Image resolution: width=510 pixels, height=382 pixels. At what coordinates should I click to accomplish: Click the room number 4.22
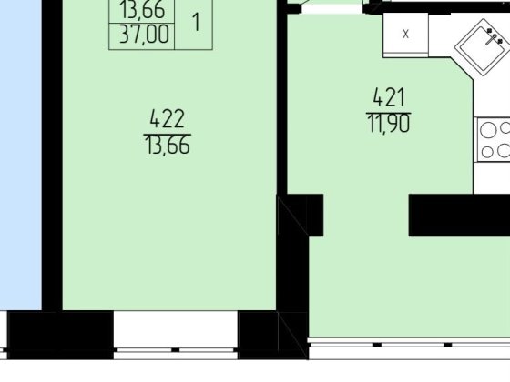point(168,118)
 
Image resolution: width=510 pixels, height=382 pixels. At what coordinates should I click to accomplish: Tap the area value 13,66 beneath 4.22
point(168,145)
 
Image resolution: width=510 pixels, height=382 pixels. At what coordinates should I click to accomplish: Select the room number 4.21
point(389,96)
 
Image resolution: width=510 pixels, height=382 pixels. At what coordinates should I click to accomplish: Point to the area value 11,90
point(389,124)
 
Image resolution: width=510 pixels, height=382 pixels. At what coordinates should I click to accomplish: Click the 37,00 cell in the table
point(144,35)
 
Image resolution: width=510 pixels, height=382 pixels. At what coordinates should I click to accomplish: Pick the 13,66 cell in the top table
point(142,10)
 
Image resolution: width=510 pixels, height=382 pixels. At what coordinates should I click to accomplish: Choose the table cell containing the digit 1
point(194,23)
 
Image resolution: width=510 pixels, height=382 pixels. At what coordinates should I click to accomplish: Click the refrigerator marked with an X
point(405,35)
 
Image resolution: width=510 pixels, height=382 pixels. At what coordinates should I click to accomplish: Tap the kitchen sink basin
point(482,47)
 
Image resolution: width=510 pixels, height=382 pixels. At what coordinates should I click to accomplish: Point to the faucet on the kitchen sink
point(494,36)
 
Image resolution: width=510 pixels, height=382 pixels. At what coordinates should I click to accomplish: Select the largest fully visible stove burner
point(488,130)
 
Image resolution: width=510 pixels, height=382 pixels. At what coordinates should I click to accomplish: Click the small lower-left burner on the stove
point(487,152)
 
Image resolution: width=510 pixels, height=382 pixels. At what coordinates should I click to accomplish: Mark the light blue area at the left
point(21,155)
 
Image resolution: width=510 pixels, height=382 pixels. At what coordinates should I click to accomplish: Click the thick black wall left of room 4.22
point(52,155)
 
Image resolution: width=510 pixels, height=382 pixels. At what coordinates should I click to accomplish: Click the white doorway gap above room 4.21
point(332,8)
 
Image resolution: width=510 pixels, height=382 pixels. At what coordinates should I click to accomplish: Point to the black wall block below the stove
point(459,215)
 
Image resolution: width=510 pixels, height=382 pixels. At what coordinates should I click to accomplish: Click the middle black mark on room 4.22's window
point(175,350)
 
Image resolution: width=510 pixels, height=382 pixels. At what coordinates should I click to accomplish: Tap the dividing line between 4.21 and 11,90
point(389,113)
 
